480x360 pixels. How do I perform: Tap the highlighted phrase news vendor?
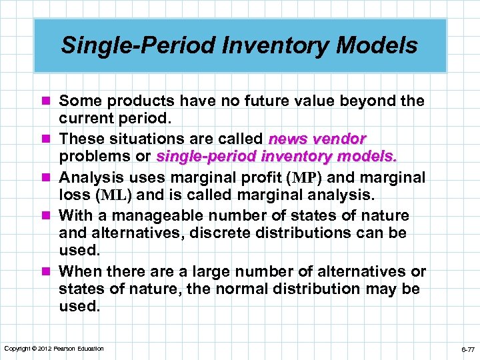[x=317, y=139]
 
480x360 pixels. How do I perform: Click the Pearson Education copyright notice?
[x=54, y=348]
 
